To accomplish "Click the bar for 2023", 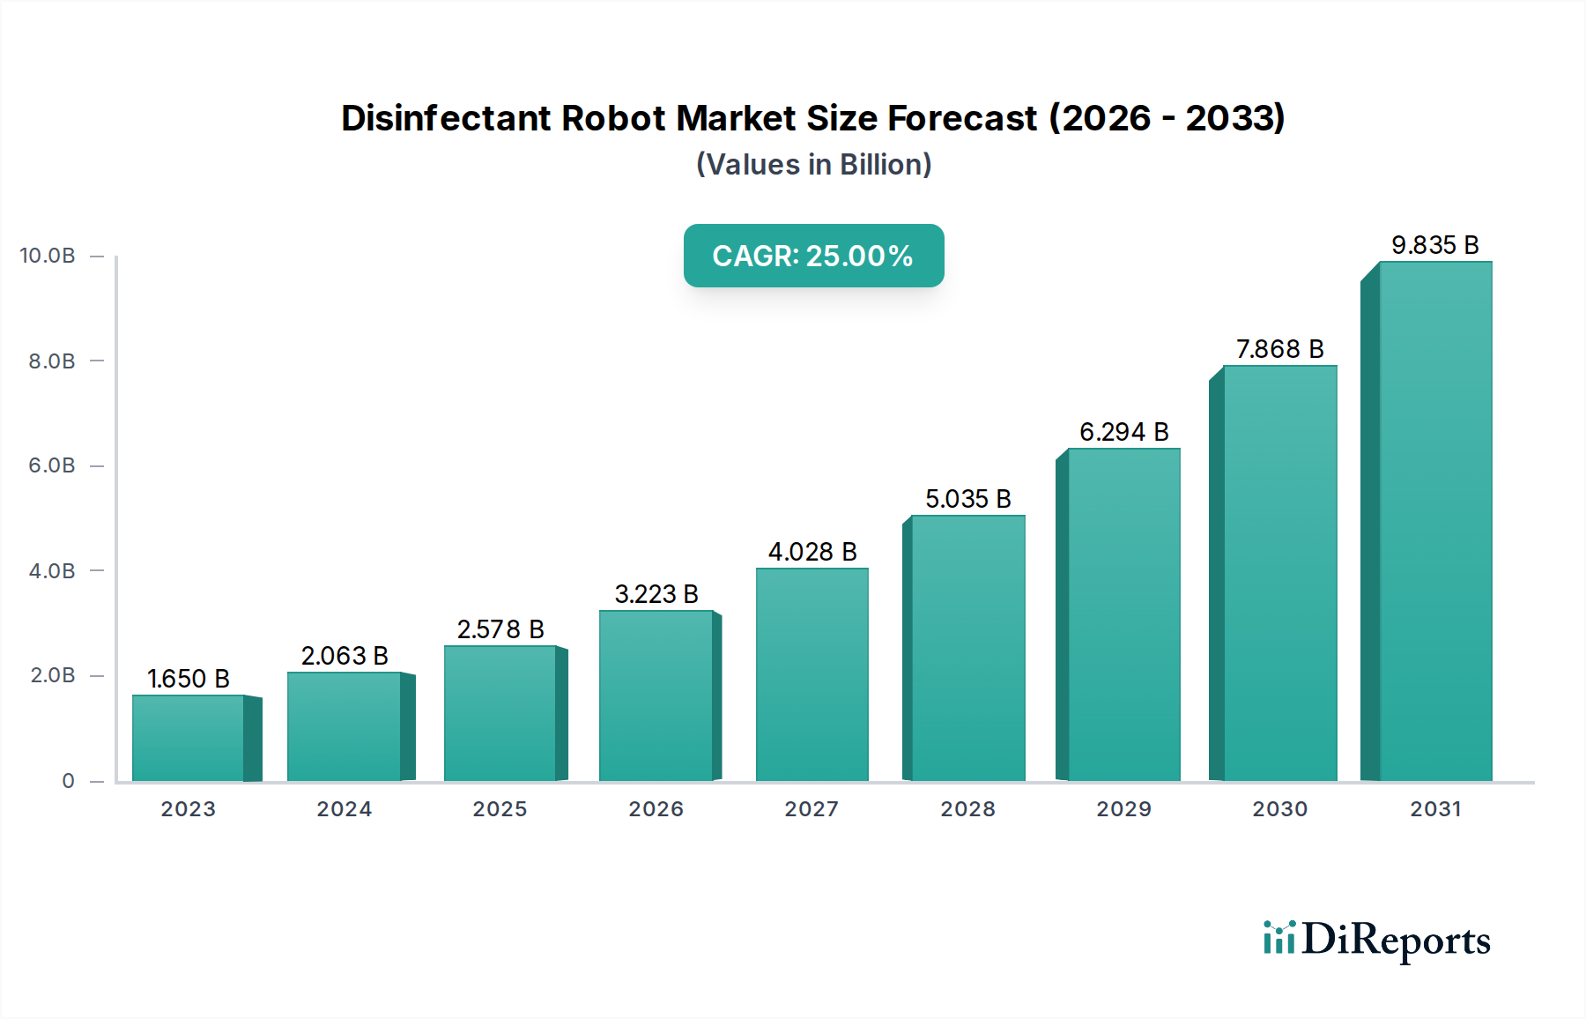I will (189, 738).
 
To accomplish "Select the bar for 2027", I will (812, 674).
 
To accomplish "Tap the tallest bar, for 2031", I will (1435, 521).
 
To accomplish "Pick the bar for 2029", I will (1123, 614).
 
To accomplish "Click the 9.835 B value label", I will (1434, 245).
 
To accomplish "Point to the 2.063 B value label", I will (345, 656).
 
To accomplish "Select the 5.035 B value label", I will (967, 499).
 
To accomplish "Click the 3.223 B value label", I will (656, 594).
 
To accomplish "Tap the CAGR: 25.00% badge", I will (813, 256).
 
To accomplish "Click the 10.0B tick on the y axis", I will (48, 256).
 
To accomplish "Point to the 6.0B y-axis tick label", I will (52, 465).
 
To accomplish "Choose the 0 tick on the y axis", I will (68, 781).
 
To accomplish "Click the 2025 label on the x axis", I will (500, 809).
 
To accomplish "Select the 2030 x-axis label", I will (1279, 809).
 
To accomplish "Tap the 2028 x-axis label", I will (967, 809).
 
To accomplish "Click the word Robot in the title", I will (613, 118).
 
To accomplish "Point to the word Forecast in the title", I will (962, 118).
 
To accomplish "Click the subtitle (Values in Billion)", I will (813, 165).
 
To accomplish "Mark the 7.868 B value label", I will (1279, 349).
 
